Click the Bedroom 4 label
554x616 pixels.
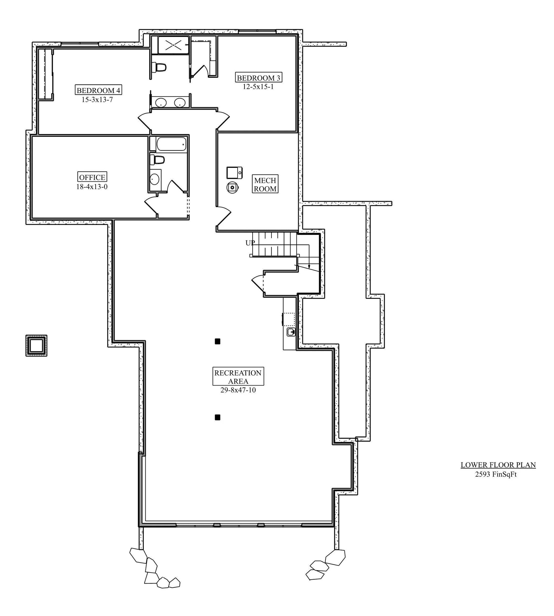click(x=98, y=90)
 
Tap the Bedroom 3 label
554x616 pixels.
click(x=258, y=78)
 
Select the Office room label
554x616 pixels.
click(x=92, y=177)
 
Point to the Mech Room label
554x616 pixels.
click(x=265, y=184)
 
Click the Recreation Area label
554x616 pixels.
click(x=238, y=377)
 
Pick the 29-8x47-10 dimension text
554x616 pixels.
click(x=238, y=390)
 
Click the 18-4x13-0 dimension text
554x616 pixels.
click(x=92, y=187)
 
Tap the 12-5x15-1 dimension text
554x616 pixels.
click(x=258, y=87)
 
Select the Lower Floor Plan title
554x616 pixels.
click(x=498, y=465)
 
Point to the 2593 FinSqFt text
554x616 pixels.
click(x=496, y=474)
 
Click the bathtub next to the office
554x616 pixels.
click(x=171, y=144)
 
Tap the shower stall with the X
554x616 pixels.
click(x=173, y=45)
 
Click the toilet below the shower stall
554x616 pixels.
click(x=159, y=67)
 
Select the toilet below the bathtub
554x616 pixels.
click(x=157, y=160)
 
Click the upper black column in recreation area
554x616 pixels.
click(x=217, y=342)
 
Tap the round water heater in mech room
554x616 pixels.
click(x=232, y=188)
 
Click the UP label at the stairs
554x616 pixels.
click(x=250, y=243)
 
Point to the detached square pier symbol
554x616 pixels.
click(x=36, y=345)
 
